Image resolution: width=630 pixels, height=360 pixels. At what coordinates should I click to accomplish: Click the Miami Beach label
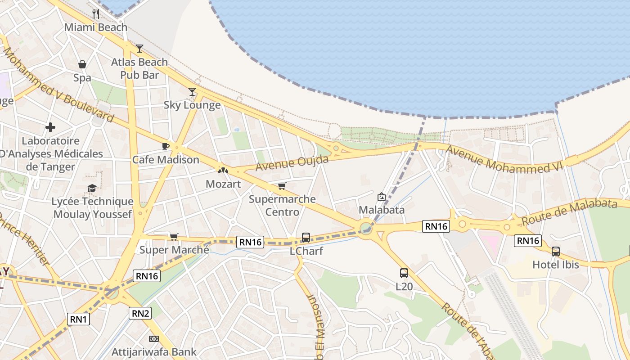click(x=96, y=27)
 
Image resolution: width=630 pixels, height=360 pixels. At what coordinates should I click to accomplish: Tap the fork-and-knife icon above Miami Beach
click(x=95, y=13)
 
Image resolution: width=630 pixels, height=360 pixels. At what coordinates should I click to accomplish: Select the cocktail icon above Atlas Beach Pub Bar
click(x=139, y=48)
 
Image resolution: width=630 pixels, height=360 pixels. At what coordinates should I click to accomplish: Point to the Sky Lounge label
click(x=192, y=105)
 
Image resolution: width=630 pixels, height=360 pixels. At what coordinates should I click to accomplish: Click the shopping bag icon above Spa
click(x=82, y=64)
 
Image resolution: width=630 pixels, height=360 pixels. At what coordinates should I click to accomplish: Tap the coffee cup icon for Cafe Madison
click(x=166, y=146)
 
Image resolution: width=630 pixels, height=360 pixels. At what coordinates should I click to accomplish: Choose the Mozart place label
click(x=223, y=184)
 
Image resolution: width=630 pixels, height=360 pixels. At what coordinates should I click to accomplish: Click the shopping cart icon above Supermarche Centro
click(x=282, y=186)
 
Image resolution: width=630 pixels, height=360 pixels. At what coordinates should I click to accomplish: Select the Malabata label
click(x=382, y=210)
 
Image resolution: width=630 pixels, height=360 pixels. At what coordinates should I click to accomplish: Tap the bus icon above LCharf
click(x=306, y=237)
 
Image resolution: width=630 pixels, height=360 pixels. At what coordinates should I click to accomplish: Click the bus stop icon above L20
click(x=404, y=273)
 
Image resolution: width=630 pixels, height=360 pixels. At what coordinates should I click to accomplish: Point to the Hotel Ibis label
click(x=556, y=265)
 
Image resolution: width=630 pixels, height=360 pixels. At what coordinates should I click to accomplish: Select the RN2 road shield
click(x=140, y=313)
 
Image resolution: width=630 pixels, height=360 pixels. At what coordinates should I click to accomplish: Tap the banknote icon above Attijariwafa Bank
click(x=154, y=338)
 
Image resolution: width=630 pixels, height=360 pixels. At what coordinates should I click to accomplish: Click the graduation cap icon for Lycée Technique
click(x=92, y=188)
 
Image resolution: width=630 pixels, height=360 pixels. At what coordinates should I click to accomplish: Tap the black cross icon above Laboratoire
click(x=50, y=127)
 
